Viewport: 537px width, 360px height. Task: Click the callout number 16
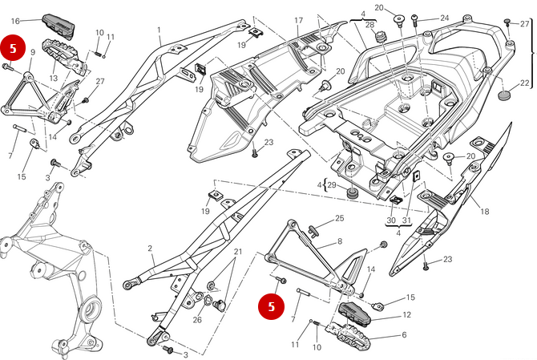coord(15,20)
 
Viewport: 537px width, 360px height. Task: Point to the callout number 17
coord(298,20)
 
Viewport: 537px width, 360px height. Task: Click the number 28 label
coord(369,26)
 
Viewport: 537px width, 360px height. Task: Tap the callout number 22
coord(524,83)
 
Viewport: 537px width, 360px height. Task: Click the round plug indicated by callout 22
coord(504,95)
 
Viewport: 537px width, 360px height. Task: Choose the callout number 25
coord(339,218)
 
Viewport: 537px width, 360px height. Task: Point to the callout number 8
coord(339,241)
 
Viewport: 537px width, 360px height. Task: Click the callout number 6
coord(404,334)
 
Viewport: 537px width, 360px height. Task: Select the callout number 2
coord(150,249)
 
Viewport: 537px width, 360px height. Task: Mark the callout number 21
coord(237,252)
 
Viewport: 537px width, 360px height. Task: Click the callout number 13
coord(53,79)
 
